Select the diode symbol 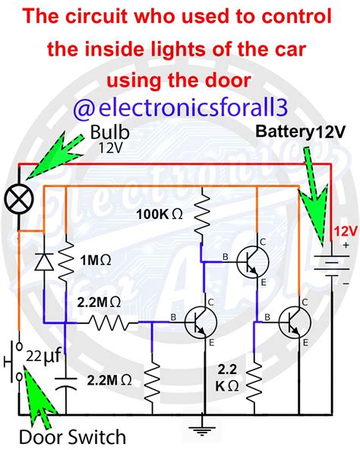[44, 261]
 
